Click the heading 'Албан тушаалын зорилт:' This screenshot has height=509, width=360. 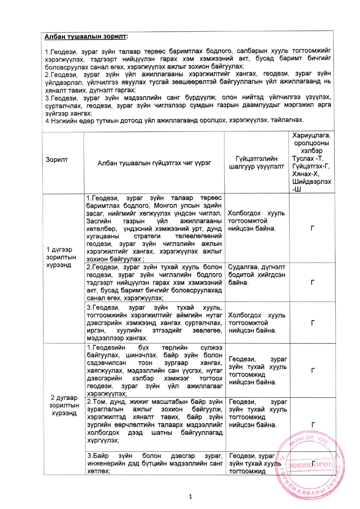[86, 37]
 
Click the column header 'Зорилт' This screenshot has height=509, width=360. [57, 159]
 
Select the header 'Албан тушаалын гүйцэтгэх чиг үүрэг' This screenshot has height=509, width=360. [154, 163]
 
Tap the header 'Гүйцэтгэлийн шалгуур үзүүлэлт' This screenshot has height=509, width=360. [257, 162]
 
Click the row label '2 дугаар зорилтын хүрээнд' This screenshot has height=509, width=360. [64, 405]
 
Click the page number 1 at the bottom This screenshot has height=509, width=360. [190, 497]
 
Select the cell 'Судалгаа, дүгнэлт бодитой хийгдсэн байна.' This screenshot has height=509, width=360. [257, 275]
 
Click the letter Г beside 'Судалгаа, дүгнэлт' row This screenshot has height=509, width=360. [312, 282]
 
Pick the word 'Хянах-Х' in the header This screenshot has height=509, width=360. [306, 174]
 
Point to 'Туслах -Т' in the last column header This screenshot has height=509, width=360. [308, 159]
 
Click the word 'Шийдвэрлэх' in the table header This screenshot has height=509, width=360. [312, 181]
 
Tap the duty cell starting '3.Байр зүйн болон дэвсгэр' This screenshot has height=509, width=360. [155, 463]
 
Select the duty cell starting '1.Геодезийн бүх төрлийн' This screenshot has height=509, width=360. [155, 370]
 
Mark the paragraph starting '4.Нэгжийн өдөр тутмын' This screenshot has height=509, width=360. [174, 120]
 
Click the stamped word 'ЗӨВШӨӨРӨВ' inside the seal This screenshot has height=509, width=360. [310, 465]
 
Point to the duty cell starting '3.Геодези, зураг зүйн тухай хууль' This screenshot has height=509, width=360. [154, 323]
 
